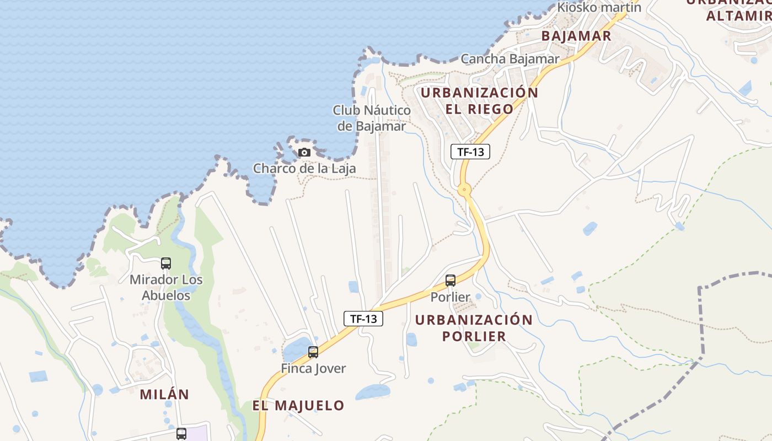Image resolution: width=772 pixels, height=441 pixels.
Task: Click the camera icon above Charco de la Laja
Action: tap(304, 152)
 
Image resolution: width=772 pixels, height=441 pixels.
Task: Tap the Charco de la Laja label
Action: tap(304, 168)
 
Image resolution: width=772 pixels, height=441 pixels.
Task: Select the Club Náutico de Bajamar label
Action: tap(372, 118)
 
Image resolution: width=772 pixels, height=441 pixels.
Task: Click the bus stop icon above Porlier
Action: tap(451, 281)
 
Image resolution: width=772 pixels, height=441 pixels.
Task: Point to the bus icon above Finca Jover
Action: tap(313, 352)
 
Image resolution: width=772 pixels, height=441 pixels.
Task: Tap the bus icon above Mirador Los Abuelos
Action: tap(166, 263)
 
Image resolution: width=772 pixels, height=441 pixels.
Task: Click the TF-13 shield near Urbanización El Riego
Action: tap(470, 151)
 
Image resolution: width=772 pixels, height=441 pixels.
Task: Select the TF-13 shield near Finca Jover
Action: tap(363, 318)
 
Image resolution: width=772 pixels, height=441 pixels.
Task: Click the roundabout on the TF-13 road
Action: tap(465, 191)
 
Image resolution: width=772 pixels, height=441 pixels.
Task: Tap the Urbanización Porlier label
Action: tap(474, 328)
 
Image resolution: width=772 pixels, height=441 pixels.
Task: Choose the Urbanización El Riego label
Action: tap(479, 101)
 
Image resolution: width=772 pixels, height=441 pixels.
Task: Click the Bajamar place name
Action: tap(577, 36)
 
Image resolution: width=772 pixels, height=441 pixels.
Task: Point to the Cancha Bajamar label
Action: tap(510, 58)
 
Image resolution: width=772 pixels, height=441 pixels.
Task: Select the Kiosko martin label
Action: tap(599, 7)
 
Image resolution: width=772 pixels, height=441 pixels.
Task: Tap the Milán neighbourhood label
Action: tap(164, 394)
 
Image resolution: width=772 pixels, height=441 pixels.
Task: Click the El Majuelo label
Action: tap(298, 406)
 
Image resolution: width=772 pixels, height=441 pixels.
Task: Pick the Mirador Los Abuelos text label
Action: tap(166, 287)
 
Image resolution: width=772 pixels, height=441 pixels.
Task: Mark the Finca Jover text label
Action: tap(313, 368)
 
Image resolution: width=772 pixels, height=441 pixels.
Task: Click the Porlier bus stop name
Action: tap(451, 297)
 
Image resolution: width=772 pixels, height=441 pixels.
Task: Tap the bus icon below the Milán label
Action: tap(181, 434)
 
